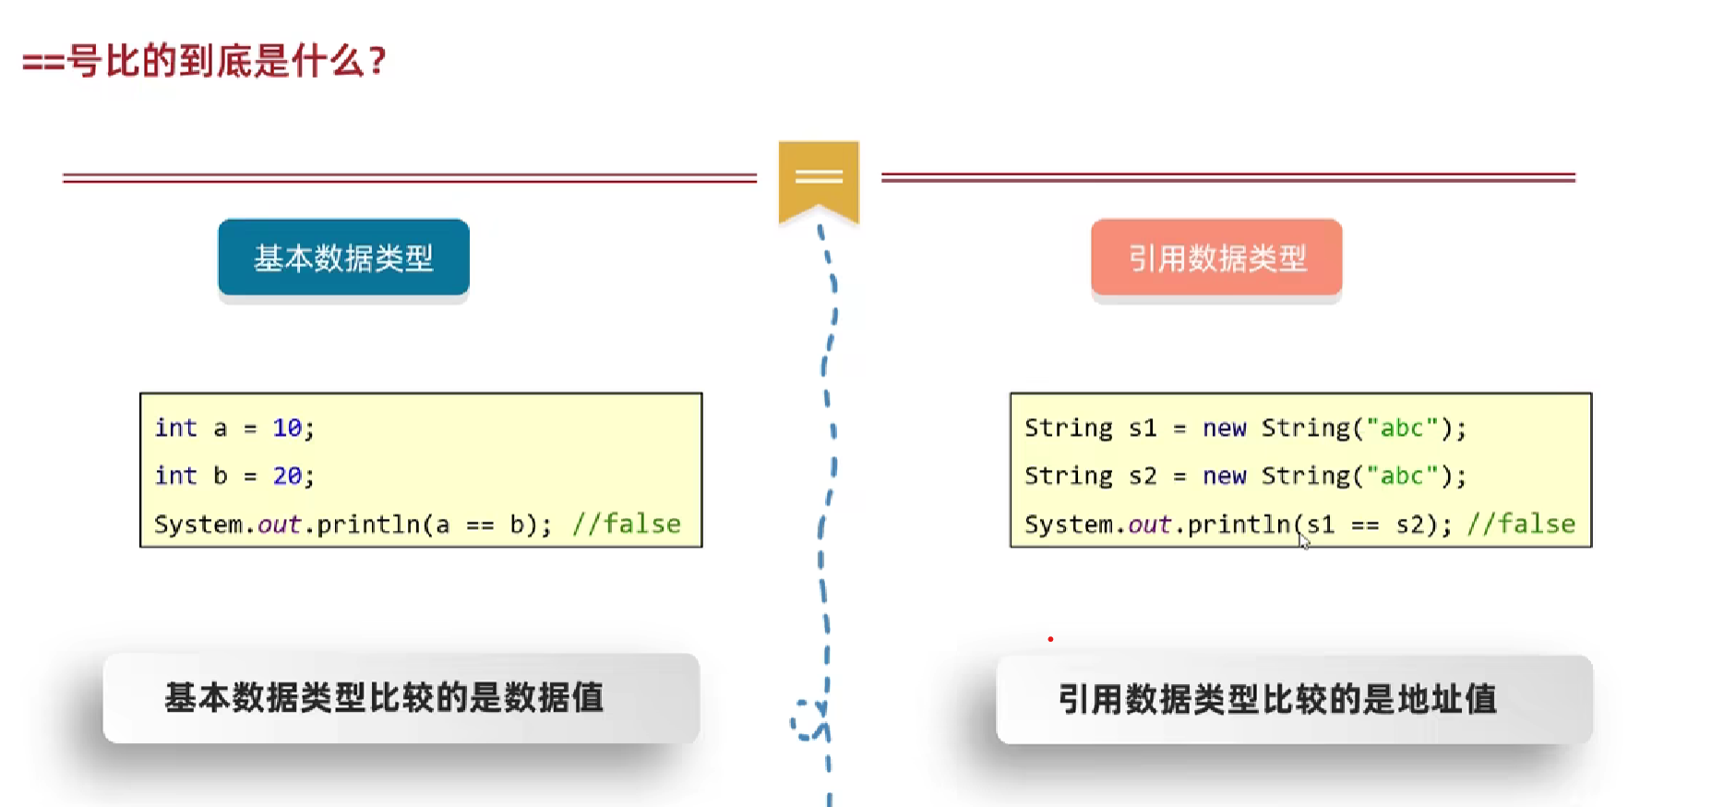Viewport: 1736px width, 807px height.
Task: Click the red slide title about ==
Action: [204, 62]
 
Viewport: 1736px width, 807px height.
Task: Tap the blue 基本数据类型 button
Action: [343, 258]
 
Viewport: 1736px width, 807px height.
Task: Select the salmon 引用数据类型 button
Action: [1216, 258]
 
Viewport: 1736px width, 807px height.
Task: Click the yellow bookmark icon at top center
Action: [819, 178]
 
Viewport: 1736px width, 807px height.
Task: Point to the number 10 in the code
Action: [287, 428]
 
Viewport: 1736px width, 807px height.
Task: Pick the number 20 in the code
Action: [287, 476]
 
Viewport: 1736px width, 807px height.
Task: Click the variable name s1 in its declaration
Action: [1143, 428]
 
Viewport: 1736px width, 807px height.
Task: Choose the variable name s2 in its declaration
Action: [1143, 476]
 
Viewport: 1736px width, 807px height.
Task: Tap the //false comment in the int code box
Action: [627, 524]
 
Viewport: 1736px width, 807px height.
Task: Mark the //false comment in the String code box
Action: [1521, 524]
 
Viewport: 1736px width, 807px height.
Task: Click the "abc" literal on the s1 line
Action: [1402, 428]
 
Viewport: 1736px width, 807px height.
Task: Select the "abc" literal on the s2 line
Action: [1402, 476]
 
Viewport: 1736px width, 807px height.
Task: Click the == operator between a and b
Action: [480, 525]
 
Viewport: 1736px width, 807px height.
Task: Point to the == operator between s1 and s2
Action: [1365, 525]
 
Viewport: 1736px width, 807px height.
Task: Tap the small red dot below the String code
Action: [1050, 639]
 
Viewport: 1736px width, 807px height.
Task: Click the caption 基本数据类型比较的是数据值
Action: [384, 698]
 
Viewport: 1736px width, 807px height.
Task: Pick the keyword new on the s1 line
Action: [1224, 428]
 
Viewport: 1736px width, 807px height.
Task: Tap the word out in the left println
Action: [279, 524]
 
